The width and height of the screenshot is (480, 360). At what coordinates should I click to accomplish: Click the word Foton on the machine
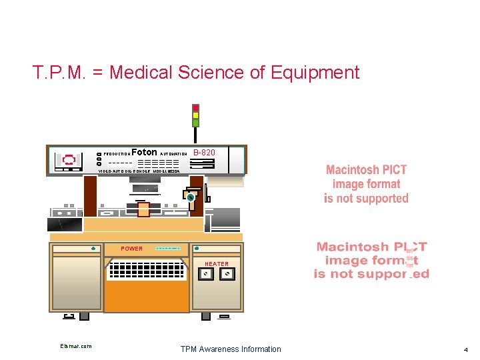click(x=145, y=152)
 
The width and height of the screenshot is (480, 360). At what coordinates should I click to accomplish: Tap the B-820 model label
click(x=204, y=152)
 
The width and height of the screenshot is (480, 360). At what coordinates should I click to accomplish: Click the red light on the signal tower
click(x=195, y=107)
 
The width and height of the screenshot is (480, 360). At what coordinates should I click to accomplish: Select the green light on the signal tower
click(x=195, y=123)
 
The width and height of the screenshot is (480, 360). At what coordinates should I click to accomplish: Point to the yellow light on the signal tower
click(x=195, y=115)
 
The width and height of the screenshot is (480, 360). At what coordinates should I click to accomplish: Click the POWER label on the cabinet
click(x=131, y=249)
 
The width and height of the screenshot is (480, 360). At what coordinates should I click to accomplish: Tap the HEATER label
click(x=216, y=264)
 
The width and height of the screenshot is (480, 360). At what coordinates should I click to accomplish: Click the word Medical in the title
click(x=138, y=72)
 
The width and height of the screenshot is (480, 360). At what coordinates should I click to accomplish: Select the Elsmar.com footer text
click(x=76, y=346)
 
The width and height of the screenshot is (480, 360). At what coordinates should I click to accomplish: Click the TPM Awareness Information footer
click(x=231, y=349)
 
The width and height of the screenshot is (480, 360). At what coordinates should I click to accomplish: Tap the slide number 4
click(x=466, y=349)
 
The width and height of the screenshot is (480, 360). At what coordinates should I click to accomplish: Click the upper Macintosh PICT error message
click(x=366, y=184)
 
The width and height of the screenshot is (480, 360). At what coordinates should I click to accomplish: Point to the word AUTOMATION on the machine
click(x=173, y=154)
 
